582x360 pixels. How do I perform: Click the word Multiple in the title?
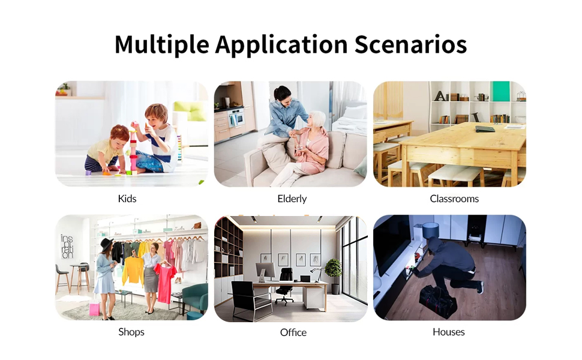pyautogui.click(x=162, y=45)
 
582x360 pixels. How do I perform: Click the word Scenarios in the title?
pyautogui.click(x=410, y=44)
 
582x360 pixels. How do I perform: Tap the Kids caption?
pyautogui.click(x=127, y=199)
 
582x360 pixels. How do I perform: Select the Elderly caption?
pyautogui.click(x=292, y=199)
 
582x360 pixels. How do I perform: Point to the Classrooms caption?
pyautogui.click(x=454, y=199)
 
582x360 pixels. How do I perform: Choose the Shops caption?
pyautogui.click(x=131, y=332)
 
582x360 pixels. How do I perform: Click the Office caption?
pyautogui.click(x=293, y=332)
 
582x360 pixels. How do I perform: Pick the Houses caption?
pyautogui.click(x=449, y=332)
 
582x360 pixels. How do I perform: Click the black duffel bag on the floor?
pyautogui.click(x=437, y=301)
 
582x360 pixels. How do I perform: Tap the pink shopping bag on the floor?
pyautogui.click(x=94, y=308)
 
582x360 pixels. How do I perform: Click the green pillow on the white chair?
pyautogui.click(x=190, y=110)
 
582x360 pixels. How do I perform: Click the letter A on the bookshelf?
pyautogui.click(x=440, y=96)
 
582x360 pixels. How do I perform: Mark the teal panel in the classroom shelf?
pyautogui.click(x=501, y=91)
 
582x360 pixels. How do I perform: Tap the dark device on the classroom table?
pyautogui.click(x=485, y=129)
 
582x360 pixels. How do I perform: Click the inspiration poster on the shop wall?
pyautogui.click(x=67, y=246)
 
